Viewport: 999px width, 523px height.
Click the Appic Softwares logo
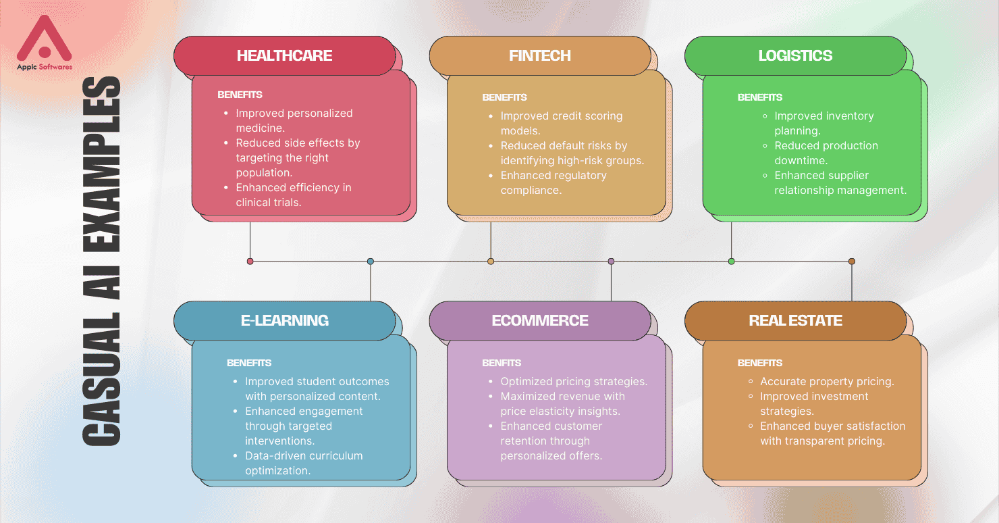click(44, 43)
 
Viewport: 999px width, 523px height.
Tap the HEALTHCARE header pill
click(285, 56)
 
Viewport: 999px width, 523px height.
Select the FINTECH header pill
click(540, 56)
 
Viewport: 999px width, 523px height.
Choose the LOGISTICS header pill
click(796, 56)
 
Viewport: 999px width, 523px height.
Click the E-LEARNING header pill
click(285, 321)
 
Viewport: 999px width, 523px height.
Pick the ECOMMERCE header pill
click(540, 321)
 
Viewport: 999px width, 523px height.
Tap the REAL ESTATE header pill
click(796, 321)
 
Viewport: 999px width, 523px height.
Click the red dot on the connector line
click(250, 261)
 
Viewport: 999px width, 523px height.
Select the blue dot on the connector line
click(371, 261)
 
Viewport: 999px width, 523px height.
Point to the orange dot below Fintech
click(491, 261)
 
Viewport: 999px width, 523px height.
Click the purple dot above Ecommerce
click(612, 261)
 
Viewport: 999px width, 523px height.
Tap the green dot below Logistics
click(732, 261)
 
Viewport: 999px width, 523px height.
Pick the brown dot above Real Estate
click(852, 261)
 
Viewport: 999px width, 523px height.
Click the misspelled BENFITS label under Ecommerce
click(502, 363)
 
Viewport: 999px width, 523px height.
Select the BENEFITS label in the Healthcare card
click(240, 95)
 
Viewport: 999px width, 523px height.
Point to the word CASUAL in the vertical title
click(102, 379)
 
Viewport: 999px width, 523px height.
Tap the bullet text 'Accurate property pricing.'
click(828, 381)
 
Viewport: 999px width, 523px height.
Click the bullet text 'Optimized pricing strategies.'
click(574, 381)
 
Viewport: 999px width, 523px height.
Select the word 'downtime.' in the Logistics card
click(801, 160)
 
